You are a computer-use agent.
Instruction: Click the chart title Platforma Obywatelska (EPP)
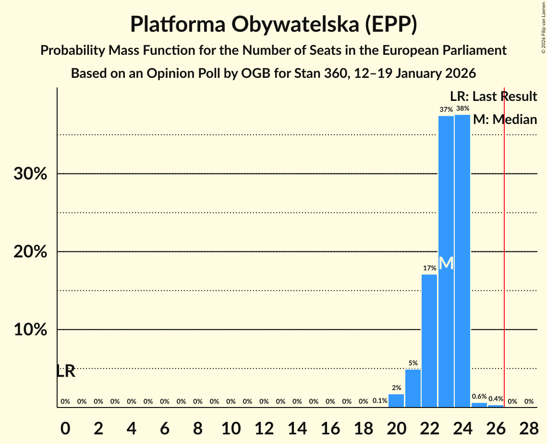273,25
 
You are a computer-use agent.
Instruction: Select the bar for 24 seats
462,261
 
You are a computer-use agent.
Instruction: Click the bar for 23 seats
446,261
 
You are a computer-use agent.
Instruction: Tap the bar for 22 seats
429,341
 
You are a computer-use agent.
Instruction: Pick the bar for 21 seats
413,388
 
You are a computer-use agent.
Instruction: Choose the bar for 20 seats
396,400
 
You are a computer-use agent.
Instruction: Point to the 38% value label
462,109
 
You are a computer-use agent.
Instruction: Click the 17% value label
429,268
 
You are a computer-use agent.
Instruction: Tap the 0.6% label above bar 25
479,397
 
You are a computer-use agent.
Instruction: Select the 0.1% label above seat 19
380,401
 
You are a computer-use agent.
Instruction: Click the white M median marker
446,263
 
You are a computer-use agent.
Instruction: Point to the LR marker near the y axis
66,371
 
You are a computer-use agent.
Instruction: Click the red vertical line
504,250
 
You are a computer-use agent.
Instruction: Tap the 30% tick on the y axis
30,174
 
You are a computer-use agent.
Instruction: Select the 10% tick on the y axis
30,330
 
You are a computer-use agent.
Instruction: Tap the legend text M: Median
505,120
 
